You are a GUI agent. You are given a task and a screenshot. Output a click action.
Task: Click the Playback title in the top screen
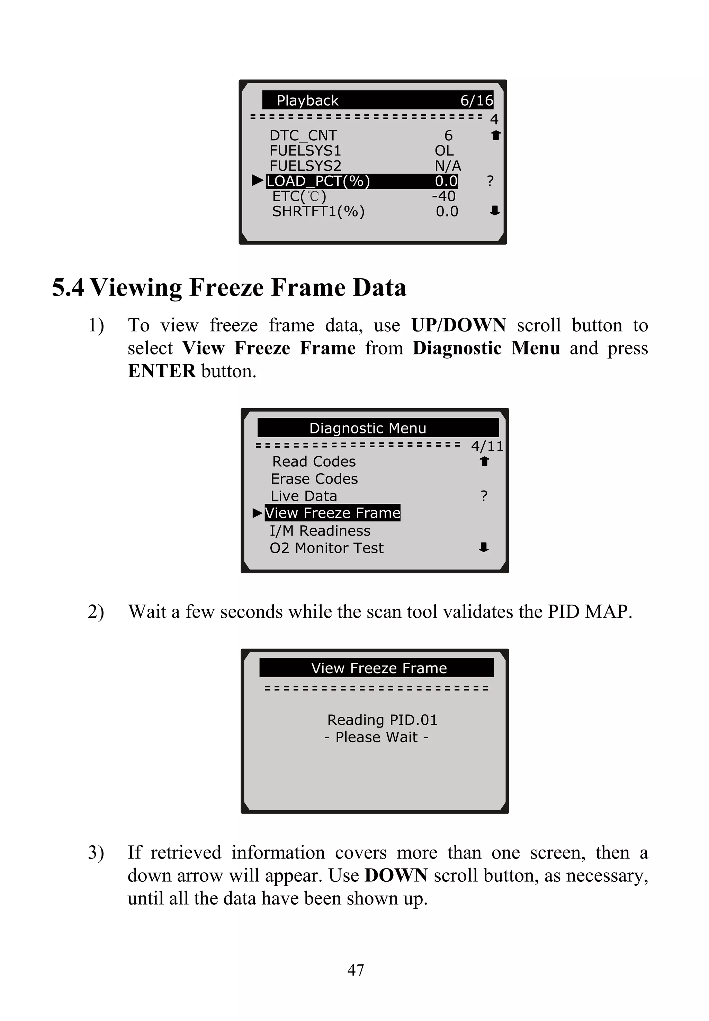tap(307, 100)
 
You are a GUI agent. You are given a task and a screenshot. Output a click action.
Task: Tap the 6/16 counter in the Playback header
tap(476, 100)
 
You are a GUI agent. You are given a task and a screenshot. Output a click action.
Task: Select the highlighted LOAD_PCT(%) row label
tap(318, 181)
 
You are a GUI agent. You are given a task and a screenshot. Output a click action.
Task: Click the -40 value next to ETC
tap(444, 196)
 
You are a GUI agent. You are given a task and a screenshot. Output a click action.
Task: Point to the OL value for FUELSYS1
tap(444, 151)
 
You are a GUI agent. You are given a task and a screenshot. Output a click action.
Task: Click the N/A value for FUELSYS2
tap(447, 166)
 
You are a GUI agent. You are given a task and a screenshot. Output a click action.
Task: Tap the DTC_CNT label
tap(303, 135)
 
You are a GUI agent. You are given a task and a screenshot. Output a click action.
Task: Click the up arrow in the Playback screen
tap(496, 135)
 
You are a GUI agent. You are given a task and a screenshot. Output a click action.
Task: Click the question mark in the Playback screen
tap(490, 181)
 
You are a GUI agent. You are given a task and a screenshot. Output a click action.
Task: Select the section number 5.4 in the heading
tap(68, 287)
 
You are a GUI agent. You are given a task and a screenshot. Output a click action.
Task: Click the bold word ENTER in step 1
tap(162, 371)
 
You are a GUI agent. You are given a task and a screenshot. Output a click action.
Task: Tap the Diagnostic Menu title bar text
tap(367, 428)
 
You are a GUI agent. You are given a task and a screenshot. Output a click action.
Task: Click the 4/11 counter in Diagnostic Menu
tap(487, 446)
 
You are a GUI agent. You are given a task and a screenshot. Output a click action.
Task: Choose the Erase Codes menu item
tap(314, 479)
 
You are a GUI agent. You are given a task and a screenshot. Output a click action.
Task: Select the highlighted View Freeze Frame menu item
tap(332, 513)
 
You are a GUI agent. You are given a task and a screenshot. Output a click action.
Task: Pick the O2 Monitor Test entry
tap(326, 548)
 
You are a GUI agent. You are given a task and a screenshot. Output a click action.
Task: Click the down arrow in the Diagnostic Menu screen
tap(484, 548)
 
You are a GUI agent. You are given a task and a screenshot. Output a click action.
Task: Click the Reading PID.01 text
tap(382, 720)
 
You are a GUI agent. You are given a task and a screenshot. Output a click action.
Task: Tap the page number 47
tap(356, 970)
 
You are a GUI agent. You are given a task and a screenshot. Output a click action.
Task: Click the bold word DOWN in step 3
tap(396, 875)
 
